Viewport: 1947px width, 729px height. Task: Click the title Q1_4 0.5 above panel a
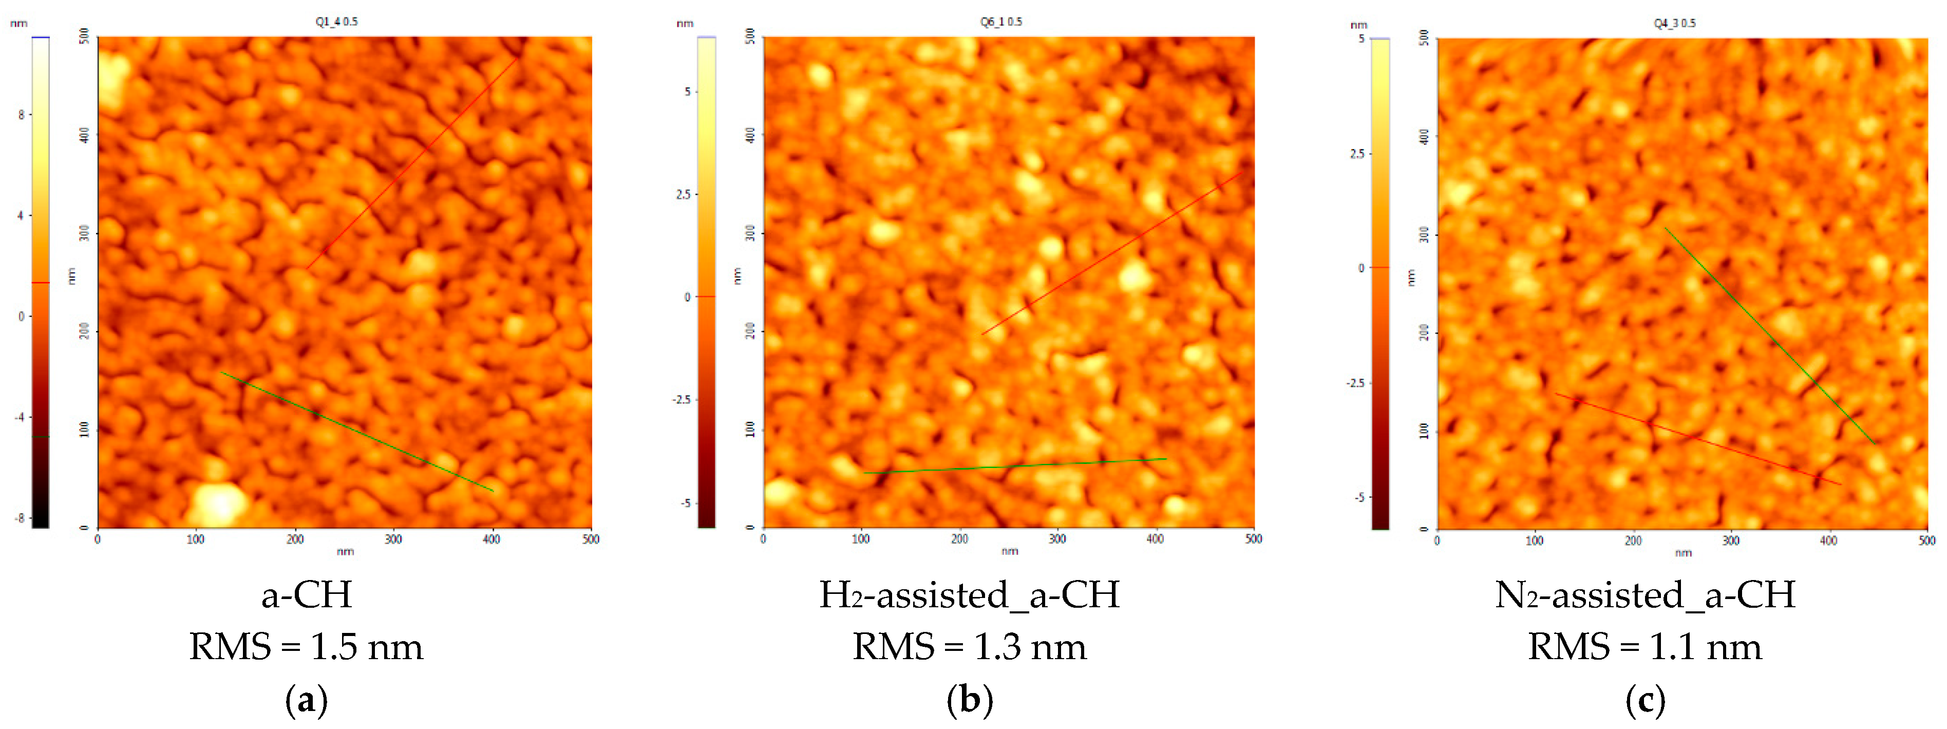tap(336, 22)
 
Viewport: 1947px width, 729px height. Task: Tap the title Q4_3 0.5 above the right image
tap(1674, 24)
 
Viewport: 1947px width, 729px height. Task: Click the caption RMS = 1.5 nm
tap(306, 647)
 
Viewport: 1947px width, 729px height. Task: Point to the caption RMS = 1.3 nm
tap(970, 647)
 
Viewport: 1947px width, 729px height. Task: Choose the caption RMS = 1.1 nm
tap(1644, 647)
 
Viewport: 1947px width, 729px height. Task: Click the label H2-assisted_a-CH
tap(970, 595)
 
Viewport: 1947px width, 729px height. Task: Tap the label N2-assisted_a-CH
tap(1644, 595)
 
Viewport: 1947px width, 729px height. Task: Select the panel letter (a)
tap(306, 700)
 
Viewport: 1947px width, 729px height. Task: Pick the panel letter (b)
tap(970, 700)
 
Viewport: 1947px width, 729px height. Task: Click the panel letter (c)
tap(1644, 700)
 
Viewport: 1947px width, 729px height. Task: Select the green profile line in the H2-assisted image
tap(1015, 466)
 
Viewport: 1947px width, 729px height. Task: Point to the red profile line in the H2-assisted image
tap(1111, 253)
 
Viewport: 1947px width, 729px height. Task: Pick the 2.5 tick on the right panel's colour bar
tap(1357, 154)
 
